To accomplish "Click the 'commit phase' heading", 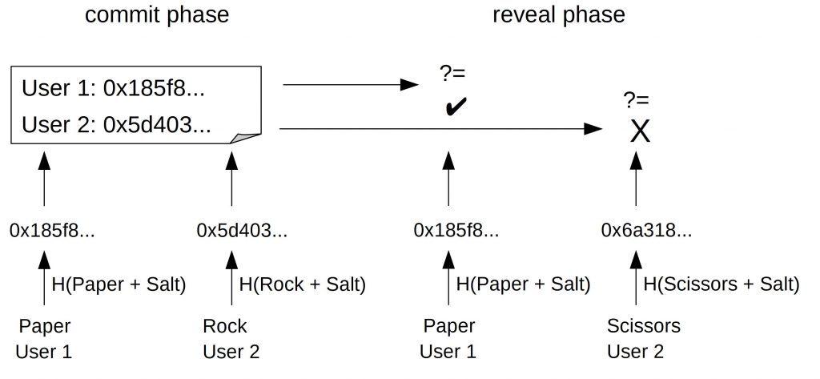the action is pos(157,14).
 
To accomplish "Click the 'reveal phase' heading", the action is pos(558,14).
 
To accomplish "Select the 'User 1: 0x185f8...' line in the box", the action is pos(113,89).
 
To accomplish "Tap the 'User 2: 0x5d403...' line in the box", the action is pos(116,125).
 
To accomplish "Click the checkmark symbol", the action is pos(456,107).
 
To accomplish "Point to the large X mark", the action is pos(640,131).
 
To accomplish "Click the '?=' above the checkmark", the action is pos(453,73).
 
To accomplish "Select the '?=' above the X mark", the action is pos(636,99).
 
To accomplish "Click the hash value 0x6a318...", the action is pos(646,230).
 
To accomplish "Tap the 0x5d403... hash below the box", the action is pos(242,230).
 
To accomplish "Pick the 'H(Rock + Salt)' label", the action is pos(302,284).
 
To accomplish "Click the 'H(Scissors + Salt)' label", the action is pos(722,284).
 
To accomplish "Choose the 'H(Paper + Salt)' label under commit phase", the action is pos(119,284).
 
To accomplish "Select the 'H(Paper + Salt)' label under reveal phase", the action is pos(523,284).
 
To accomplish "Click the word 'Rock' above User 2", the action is pos(225,326).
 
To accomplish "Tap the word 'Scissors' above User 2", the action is pos(644,326).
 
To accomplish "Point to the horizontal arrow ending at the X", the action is pos(441,129).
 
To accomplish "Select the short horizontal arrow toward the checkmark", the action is pos(351,84).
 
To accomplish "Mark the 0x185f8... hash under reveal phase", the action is pos(456,230).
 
